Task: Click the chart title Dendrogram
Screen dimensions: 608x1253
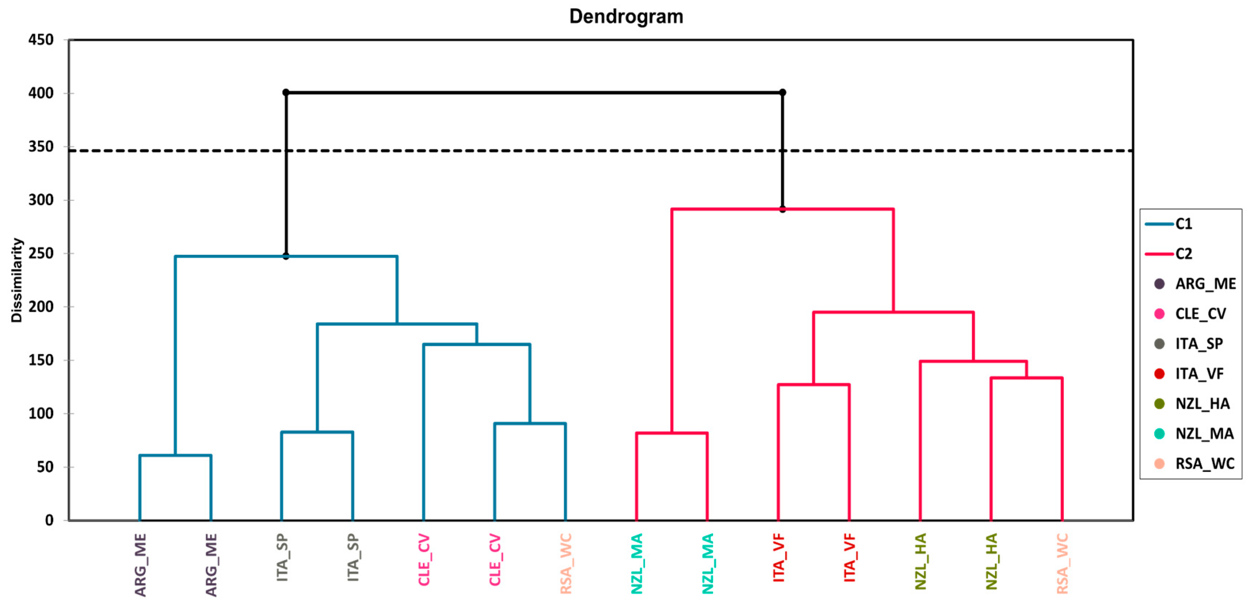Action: click(x=626, y=17)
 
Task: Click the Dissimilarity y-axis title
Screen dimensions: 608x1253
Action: click(x=17, y=280)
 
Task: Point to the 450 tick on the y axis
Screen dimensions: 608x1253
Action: click(x=41, y=40)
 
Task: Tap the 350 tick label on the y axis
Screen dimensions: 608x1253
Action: click(x=41, y=146)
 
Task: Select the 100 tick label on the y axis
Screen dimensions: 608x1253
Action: click(x=41, y=414)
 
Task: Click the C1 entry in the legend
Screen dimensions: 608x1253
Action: click(x=1184, y=224)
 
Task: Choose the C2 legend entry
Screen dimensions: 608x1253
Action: click(x=1184, y=254)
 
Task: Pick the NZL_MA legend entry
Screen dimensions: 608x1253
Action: click(x=1204, y=433)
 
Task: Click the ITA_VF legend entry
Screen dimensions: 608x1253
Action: click(x=1199, y=373)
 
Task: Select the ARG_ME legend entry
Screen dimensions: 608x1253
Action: click(x=1205, y=283)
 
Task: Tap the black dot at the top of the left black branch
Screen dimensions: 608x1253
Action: click(x=286, y=93)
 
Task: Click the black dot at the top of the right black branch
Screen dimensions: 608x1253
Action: click(x=783, y=93)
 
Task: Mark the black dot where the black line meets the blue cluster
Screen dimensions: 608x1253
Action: click(x=286, y=256)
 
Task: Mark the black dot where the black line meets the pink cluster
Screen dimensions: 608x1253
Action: click(x=783, y=210)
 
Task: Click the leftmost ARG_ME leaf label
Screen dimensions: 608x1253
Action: click(x=140, y=565)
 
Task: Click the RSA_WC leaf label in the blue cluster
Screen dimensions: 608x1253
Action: click(x=566, y=564)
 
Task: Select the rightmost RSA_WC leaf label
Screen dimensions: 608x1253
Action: click(x=1062, y=564)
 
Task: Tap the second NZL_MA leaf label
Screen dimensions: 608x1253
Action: click(x=708, y=564)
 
